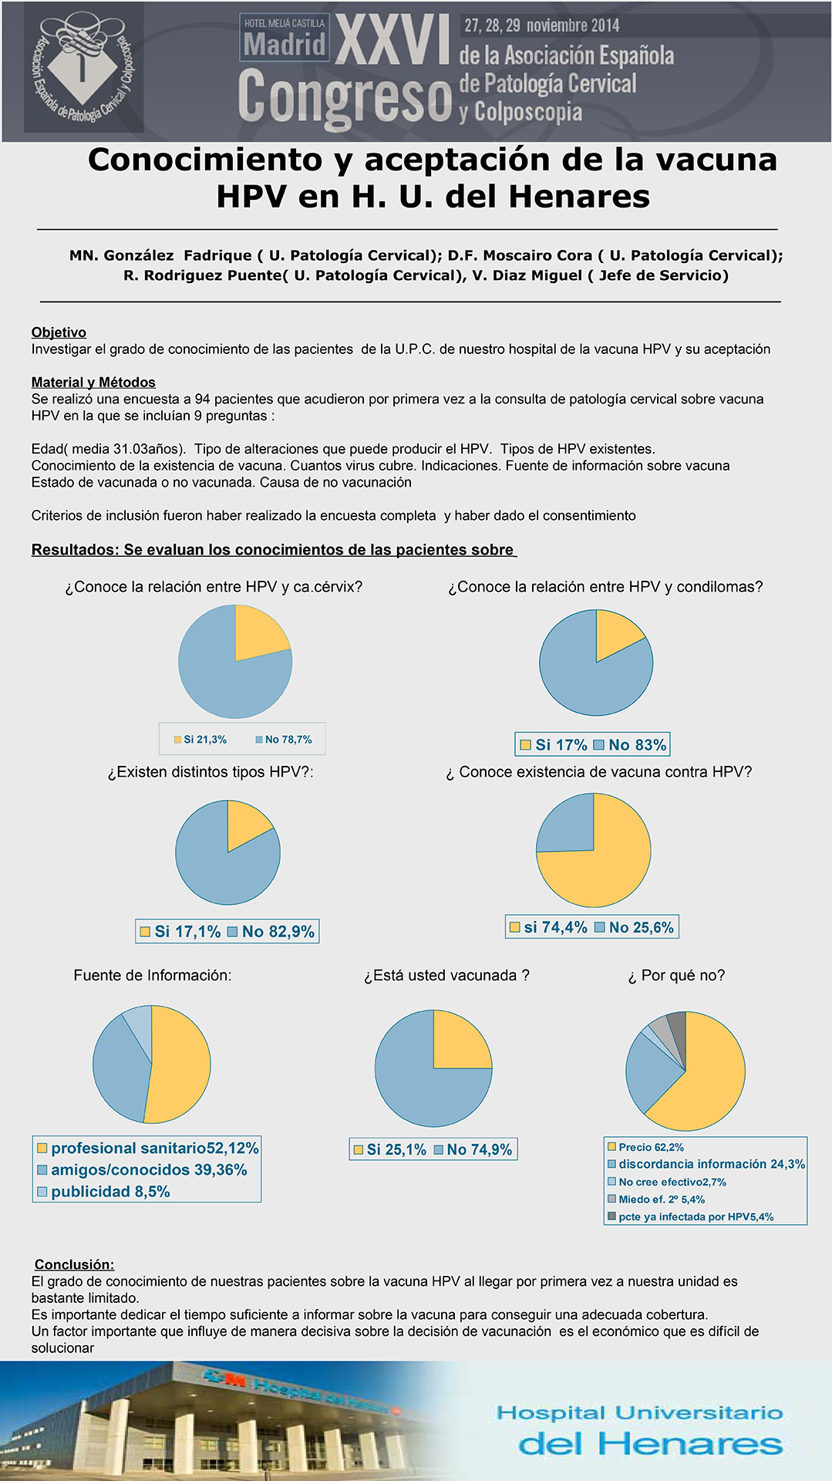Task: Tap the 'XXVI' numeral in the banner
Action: pos(392,40)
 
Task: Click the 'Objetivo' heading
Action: pos(59,332)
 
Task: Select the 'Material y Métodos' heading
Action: pos(93,383)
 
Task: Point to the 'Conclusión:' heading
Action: pos(74,1264)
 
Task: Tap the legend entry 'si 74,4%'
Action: pos(548,927)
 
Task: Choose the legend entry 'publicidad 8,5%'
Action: pos(103,1192)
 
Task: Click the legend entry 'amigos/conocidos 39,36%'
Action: pos(142,1170)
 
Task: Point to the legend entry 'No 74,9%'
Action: pos(473,1149)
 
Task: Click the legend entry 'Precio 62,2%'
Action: pos(646,1148)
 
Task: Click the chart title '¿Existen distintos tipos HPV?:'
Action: pos(211,772)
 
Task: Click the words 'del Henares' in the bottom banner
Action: pos(650,1444)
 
